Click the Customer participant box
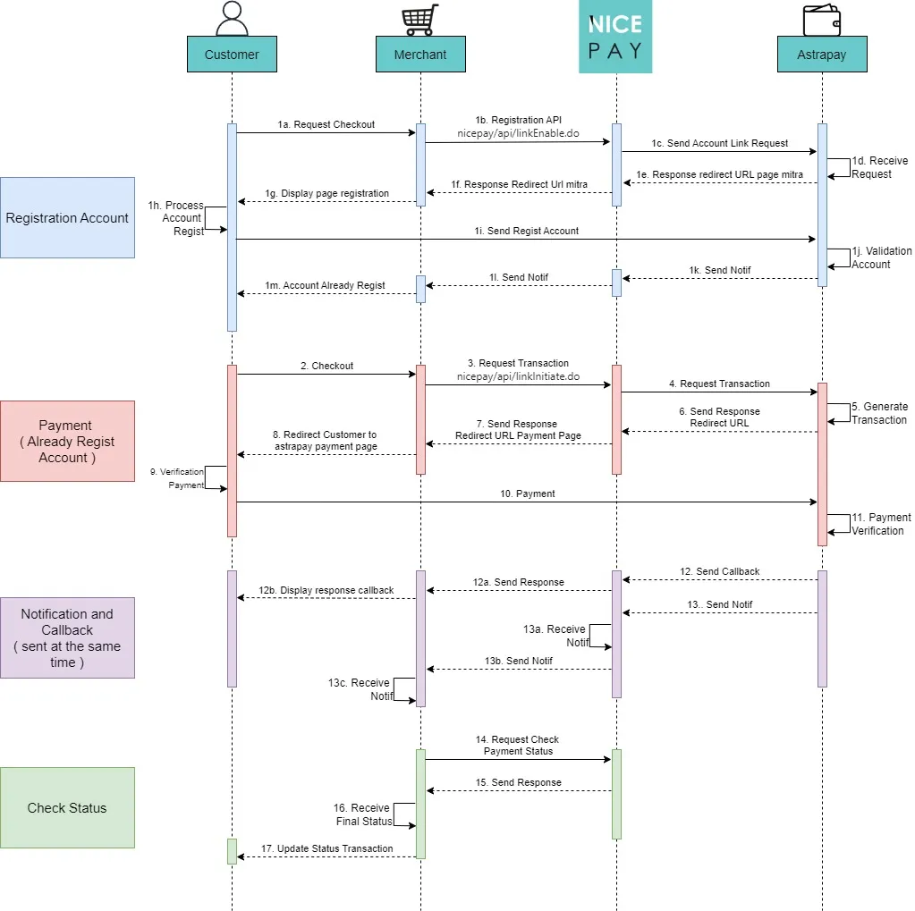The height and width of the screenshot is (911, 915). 232,55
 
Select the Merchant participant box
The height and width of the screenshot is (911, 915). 420,55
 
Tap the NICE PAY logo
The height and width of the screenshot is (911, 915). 615,36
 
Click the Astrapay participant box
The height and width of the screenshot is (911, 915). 822,55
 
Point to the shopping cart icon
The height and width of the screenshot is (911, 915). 420,20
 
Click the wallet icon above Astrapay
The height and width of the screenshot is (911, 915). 822,20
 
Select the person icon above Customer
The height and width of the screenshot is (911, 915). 232,18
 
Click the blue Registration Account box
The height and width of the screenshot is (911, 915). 68,217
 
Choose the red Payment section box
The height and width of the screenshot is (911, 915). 68,441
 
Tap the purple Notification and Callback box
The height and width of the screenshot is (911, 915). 68,637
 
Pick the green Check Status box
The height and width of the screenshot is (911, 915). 68,807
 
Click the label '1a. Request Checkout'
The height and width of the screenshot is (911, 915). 326,124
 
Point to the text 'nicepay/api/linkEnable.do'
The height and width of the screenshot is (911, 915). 518,133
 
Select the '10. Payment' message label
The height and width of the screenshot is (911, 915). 528,493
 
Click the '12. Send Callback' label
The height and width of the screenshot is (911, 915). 719,571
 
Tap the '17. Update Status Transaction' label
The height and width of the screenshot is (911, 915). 326,848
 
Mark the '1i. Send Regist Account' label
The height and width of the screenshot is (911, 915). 526,231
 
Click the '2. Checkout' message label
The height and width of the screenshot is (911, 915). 326,366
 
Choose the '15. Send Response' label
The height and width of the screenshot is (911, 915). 518,782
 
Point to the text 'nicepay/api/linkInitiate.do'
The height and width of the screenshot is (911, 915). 518,376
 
